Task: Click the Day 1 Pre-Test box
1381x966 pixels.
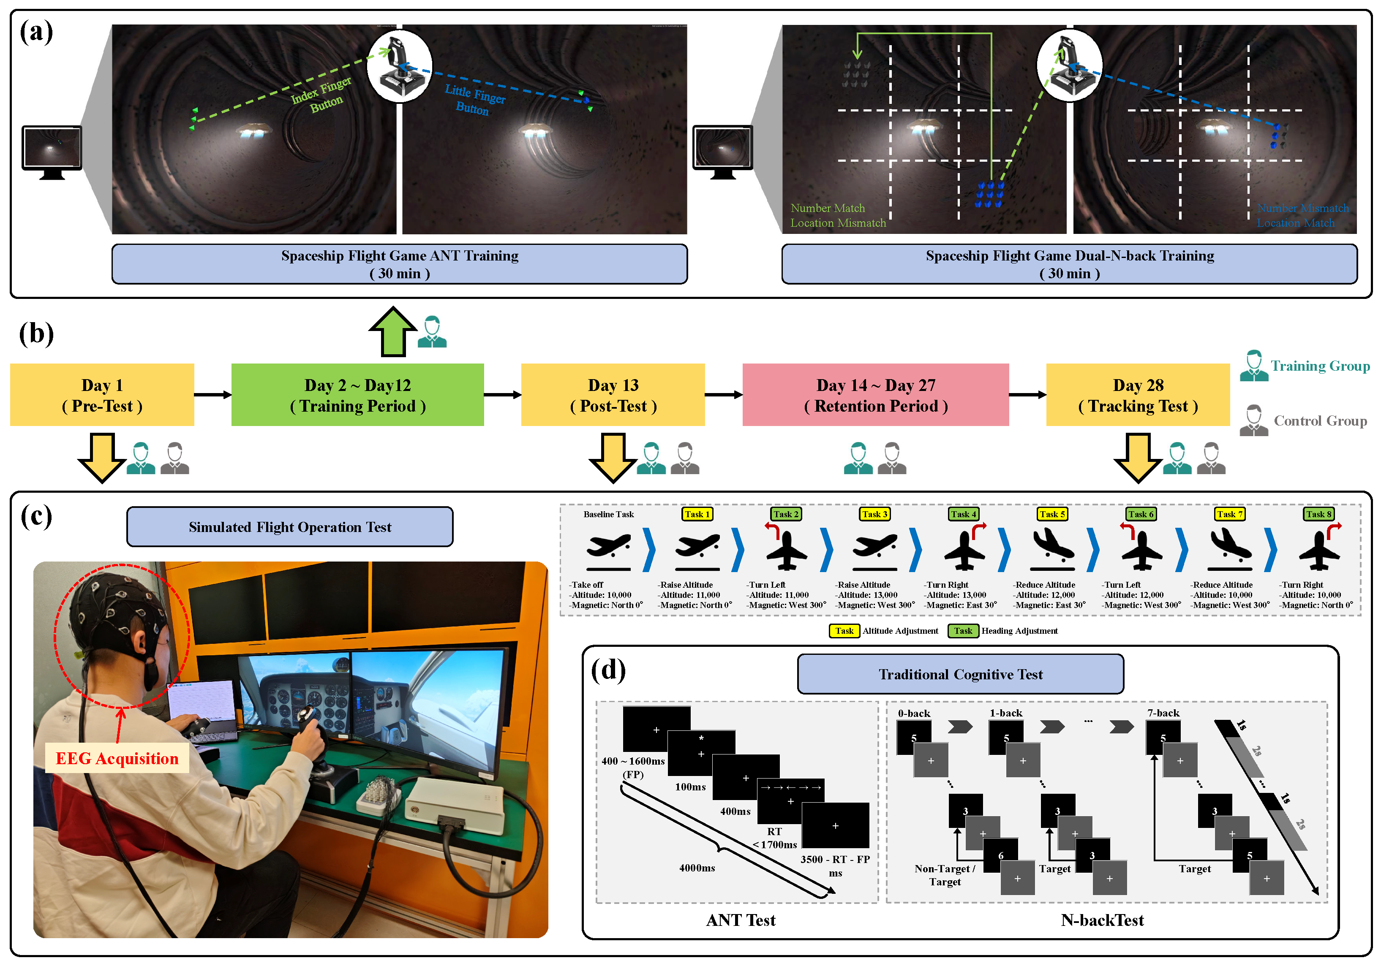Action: point(102,395)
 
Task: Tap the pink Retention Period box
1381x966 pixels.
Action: point(875,395)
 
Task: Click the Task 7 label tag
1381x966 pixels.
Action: point(1229,514)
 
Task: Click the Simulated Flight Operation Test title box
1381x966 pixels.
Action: point(290,527)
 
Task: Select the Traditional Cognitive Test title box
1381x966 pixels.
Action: point(961,674)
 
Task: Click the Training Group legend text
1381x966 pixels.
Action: point(1320,366)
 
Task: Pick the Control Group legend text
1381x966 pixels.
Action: point(1320,421)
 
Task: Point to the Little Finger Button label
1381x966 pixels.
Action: point(474,100)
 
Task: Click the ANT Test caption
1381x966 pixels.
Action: point(741,920)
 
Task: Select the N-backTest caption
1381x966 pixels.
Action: point(1102,920)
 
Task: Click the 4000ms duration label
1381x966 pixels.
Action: point(697,868)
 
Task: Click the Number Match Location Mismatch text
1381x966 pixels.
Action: point(838,215)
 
